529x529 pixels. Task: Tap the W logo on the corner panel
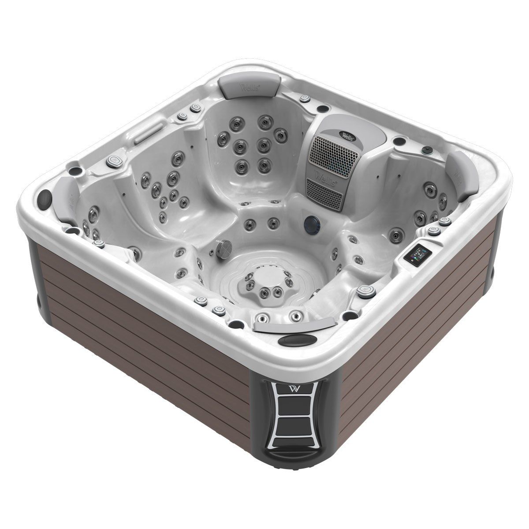click(x=294, y=389)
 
